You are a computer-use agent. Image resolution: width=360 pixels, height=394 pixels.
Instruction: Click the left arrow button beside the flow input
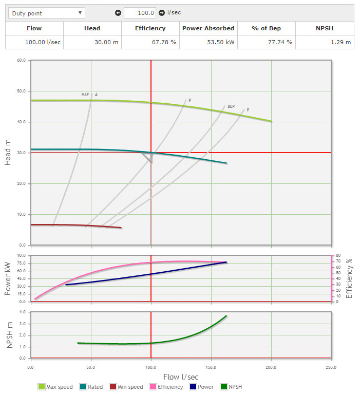tap(118, 13)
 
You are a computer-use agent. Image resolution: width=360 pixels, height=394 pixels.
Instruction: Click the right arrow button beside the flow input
tap(162, 13)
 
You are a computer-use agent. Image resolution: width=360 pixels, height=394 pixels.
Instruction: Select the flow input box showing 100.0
tap(140, 13)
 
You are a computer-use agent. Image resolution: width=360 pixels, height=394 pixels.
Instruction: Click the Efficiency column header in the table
tap(150, 28)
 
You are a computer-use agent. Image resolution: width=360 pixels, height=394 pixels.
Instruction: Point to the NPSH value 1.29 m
tap(341, 42)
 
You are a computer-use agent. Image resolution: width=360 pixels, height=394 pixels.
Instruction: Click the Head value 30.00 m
tap(108, 42)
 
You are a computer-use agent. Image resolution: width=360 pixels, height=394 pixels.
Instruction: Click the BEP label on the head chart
tap(231, 106)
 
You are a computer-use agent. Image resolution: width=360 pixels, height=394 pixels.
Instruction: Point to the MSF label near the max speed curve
tap(85, 95)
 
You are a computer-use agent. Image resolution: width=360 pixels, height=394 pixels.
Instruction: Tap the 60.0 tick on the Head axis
tap(21, 60)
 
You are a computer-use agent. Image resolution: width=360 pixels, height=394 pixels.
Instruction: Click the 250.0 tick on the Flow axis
tap(331, 368)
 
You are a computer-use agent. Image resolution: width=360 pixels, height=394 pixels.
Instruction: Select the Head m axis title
tap(8, 153)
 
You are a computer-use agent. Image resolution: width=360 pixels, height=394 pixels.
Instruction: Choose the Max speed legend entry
tap(56, 387)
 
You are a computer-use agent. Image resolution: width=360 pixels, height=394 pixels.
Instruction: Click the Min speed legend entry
tap(125, 387)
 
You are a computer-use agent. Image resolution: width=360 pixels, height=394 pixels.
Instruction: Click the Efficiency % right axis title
tap(349, 278)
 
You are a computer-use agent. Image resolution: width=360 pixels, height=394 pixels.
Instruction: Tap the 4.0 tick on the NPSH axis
tap(22, 312)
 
